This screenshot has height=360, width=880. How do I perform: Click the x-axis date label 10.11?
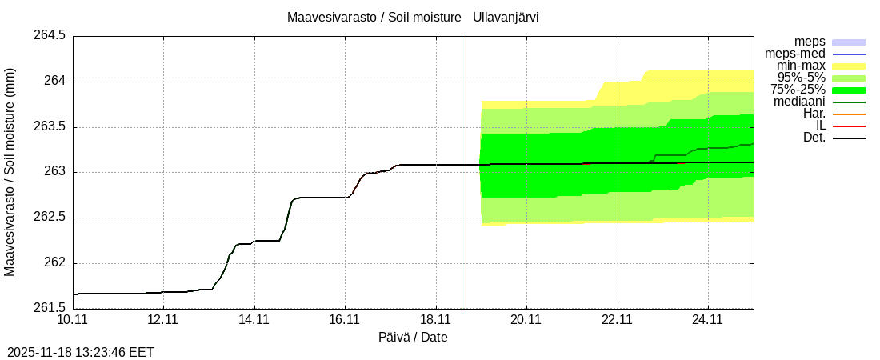73,320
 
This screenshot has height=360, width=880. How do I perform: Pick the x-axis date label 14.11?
254,320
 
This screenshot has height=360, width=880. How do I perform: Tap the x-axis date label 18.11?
435,320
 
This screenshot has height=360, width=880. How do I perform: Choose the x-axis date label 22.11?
617,320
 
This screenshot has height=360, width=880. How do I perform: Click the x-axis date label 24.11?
707,320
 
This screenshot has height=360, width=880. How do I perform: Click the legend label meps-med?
795,54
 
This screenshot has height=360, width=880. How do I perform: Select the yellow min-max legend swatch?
849,66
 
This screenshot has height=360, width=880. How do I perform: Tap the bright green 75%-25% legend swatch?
849,90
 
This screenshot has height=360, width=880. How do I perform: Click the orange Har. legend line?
849,114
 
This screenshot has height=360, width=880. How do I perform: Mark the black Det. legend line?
849,138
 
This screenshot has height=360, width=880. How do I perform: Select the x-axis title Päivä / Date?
413,338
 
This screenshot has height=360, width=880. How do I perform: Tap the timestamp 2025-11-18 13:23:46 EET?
80,352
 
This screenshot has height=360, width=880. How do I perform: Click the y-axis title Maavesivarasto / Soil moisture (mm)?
10,171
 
